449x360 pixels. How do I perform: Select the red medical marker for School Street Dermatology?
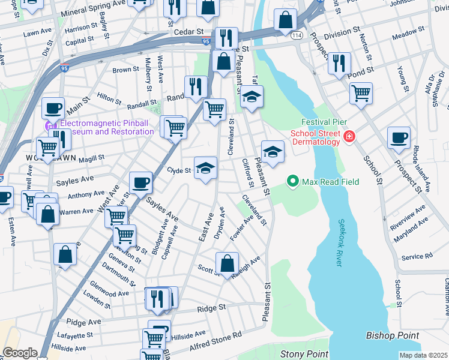click(349, 139)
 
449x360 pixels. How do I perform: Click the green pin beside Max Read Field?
click(293, 180)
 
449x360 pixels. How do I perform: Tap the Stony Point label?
click(304, 355)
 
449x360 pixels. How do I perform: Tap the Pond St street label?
click(363, 70)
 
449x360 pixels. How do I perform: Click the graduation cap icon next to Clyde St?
click(205, 168)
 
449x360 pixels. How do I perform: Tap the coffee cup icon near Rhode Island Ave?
click(399, 137)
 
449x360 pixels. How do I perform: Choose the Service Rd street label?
click(417, 256)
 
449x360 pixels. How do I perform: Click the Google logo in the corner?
click(20, 353)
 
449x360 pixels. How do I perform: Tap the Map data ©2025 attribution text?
click(423, 355)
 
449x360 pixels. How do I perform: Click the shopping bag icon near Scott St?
click(228, 263)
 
